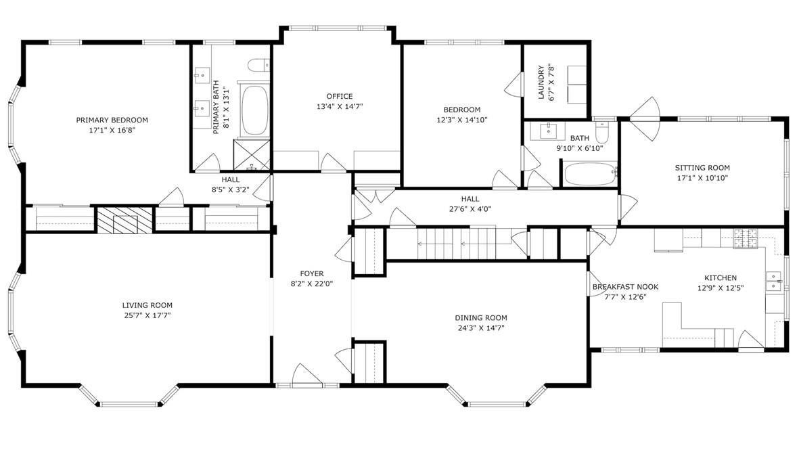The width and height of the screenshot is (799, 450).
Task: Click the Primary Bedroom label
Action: click(x=112, y=120)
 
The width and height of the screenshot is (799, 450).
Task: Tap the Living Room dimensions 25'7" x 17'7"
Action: click(x=147, y=315)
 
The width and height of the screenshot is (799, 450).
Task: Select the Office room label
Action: click(x=340, y=96)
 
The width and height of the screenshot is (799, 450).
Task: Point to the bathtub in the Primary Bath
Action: click(x=254, y=110)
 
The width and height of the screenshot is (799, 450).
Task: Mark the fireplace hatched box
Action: click(x=125, y=220)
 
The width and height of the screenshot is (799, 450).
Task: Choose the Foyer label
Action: click(x=312, y=273)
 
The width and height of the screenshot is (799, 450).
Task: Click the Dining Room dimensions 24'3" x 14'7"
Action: click(x=481, y=328)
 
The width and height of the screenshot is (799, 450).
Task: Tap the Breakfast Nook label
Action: click(x=625, y=287)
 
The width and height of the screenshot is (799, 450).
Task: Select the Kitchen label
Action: click(x=721, y=277)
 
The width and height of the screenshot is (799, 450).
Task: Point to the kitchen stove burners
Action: click(x=746, y=239)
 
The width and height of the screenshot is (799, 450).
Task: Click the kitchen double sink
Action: click(x=774, y=282)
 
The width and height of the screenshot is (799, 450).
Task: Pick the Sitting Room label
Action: click(x=702, y=168)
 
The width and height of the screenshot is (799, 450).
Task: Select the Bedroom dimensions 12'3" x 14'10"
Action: click(x=461, y=120)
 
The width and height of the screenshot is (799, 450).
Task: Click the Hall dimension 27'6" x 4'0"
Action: click(x=470, y=209)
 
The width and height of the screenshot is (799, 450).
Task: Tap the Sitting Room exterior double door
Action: click(x=645, y=118)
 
